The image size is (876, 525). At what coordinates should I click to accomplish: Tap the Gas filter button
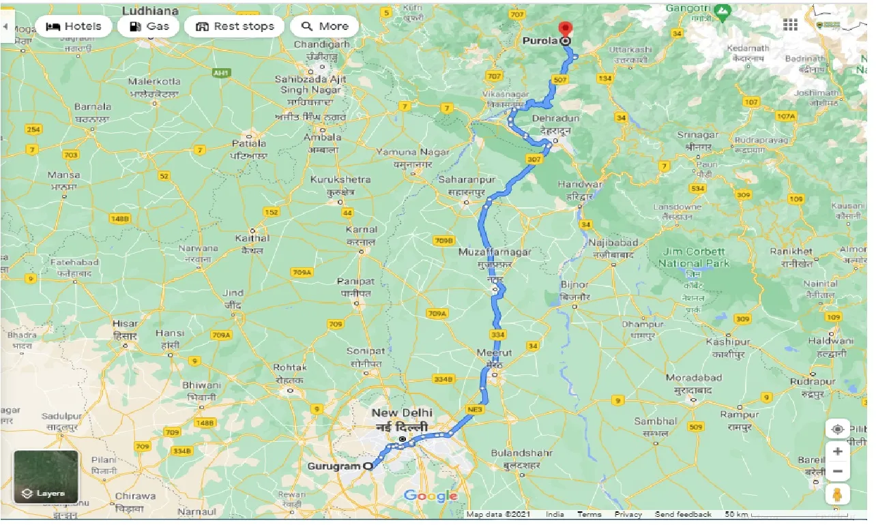(149, 27)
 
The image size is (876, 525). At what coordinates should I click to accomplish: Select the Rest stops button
(235, 27)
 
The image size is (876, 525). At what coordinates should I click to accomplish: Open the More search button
(325, 27)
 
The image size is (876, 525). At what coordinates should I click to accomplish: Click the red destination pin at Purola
(565, 29)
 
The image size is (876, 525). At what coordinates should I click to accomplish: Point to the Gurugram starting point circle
(369, 466)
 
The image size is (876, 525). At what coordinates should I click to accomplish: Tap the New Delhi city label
(402, 413)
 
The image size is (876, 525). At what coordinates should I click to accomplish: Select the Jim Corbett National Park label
(694, 257)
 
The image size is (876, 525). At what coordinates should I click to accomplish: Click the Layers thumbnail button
(46, 477)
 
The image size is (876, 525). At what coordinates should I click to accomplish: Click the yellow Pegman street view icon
(837, 494)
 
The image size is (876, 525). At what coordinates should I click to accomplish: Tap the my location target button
(837, 430)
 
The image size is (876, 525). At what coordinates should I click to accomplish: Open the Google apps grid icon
(790, 25)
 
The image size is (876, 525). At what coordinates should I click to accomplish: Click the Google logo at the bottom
(430, 496)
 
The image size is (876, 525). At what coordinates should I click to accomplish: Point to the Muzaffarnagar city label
(495, 252)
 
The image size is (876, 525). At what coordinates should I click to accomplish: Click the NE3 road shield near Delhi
(475, 409)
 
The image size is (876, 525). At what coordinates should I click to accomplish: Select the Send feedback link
(682, 515)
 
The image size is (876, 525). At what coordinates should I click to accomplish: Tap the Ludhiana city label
(150, 11)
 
